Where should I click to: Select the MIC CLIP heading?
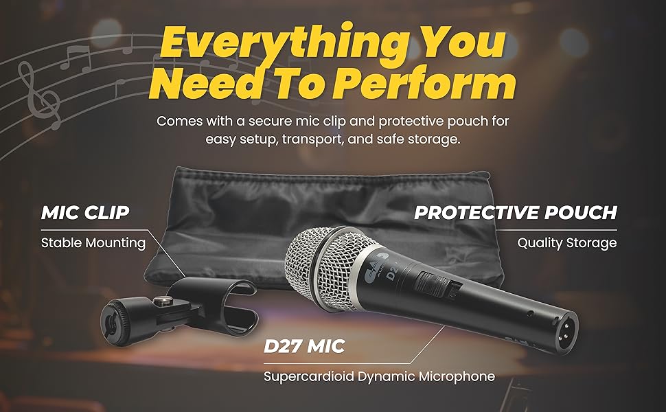86,212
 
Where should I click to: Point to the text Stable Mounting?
93,242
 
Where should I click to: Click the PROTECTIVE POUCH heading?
515,212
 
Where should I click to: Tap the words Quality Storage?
566,242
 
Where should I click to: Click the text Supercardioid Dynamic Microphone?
379,376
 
